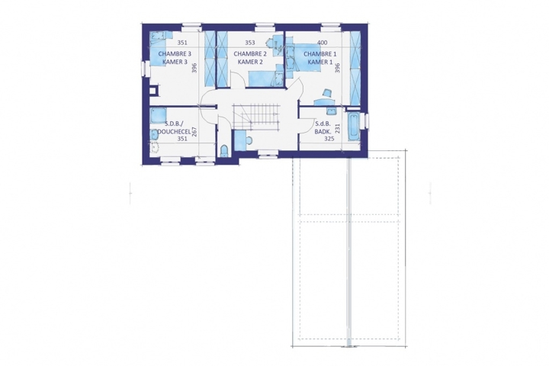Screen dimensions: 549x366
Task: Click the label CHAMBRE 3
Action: [x=175, y=54]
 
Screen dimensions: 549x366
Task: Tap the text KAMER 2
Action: [x=250, y=62]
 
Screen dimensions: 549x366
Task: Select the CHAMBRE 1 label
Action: [x=320, y=54]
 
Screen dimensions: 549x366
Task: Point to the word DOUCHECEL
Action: [x=175, y=131]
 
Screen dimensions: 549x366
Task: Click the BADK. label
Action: [x=322, y=131]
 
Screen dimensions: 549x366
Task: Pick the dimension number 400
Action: [x=322, y=43]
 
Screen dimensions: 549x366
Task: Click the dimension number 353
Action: [x=249, y=43]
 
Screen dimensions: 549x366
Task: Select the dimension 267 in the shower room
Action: [x=194, y=132]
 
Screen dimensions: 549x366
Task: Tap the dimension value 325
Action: [x=329, y=139]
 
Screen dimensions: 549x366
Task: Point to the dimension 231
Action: [x=338, y=128]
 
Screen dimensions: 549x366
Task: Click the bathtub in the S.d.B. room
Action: [x=353, y=127]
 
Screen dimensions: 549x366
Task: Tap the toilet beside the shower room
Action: [x=224, y=151]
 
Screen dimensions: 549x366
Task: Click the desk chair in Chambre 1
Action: [x=327, y=92]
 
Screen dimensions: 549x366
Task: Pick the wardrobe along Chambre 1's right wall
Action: [x=355, y=68]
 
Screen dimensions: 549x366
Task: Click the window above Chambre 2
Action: [x=265, y=25]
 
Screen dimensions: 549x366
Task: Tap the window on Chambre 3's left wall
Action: [x=144, y=68]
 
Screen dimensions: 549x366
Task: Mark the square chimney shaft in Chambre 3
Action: [x=153, y=91]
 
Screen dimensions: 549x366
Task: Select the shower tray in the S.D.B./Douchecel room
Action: [x=159, y=115]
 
